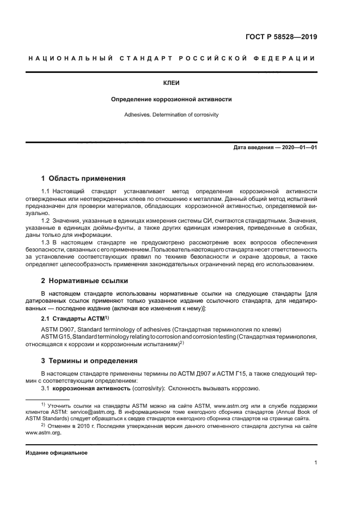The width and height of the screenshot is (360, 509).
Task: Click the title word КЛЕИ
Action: tap(172, 83)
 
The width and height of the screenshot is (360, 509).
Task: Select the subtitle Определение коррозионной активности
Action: tap(172, 100)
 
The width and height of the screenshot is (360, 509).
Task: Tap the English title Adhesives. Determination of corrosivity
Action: tap(172, 115)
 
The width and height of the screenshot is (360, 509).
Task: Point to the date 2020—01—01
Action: tap(299, 148)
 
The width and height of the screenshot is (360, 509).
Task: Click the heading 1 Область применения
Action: tap(83, 179)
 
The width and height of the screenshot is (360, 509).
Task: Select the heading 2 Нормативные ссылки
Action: tap(84, 281)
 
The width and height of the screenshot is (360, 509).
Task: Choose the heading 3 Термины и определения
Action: tap(89, 361)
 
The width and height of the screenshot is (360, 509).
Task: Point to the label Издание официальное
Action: tap(57, 453)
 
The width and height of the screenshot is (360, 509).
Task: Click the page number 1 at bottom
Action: tap(315, 463)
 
